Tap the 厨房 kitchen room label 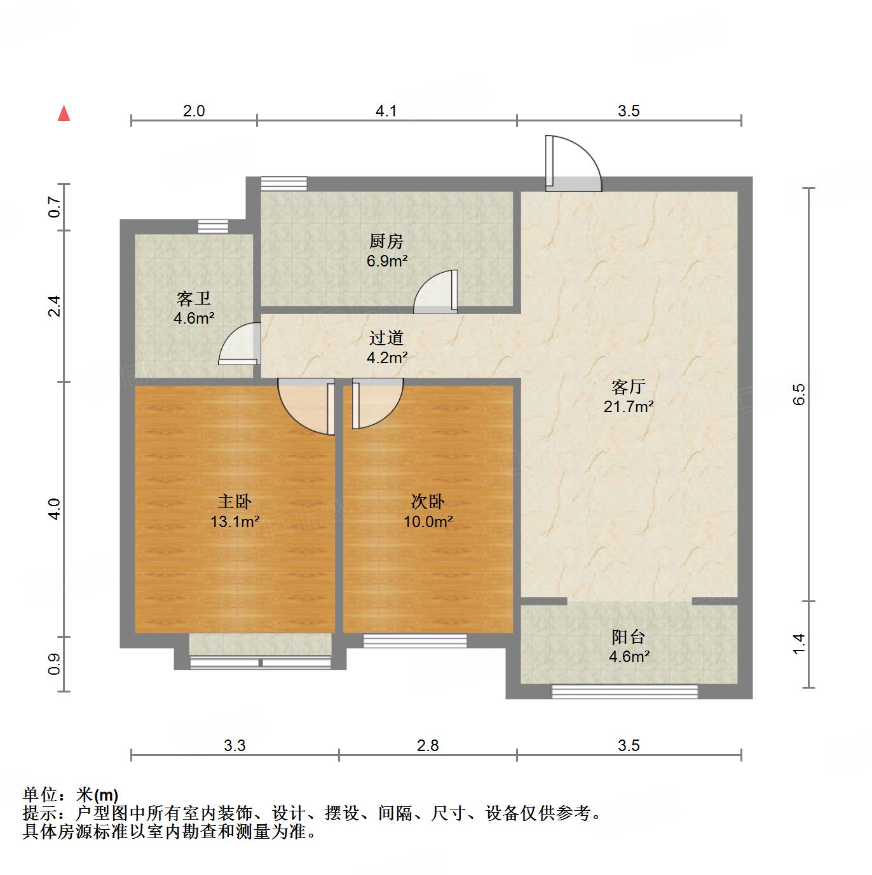click(x=386, y=241)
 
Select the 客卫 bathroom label click(x=194, y=299)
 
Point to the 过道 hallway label click(x=386, y=338)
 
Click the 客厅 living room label click(x=629, y=387)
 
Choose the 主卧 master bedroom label click(x=235, y=502)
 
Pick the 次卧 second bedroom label click(x=428, y=502)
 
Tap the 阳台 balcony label click(x=629, y=637)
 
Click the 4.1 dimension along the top click(x=386, y=111)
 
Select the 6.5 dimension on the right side click(x=800, y=394)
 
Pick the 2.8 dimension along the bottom click(x=428, y=745)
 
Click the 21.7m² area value click(x=629, y=407)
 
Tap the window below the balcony click(x=624, y=691)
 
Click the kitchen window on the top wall click(x=284, y=183)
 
